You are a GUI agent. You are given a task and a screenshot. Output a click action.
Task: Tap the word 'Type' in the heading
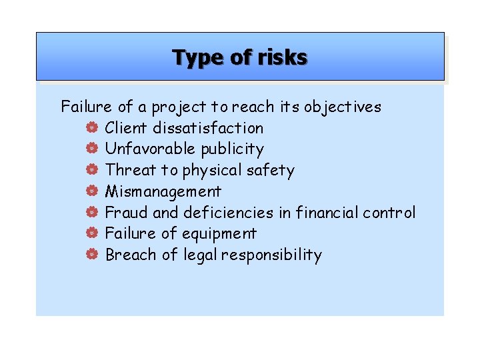(x=197, y=58)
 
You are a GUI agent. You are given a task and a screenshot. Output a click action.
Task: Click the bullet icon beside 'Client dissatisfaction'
(x=92, y=128)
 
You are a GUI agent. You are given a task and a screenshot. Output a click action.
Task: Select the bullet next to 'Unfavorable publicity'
(x=92, y=149)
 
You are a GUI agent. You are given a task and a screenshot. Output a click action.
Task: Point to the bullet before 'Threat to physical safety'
(x=92, y=171)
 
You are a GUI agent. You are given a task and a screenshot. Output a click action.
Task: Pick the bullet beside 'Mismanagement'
(x=92, y=192)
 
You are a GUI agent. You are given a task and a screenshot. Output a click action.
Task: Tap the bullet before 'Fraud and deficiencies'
(x=92, y=213)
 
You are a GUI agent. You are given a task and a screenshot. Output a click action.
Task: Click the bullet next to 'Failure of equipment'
(x=92, y=234)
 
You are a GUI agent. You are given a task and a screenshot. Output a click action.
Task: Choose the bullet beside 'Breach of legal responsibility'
(x=92, y=255)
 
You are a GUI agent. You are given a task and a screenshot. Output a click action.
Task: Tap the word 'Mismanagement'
(x=163, y=192)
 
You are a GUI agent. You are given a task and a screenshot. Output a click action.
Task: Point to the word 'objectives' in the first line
(x=343, y=107)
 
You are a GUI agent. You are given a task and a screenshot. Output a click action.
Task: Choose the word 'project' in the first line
(x=179, y=107)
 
